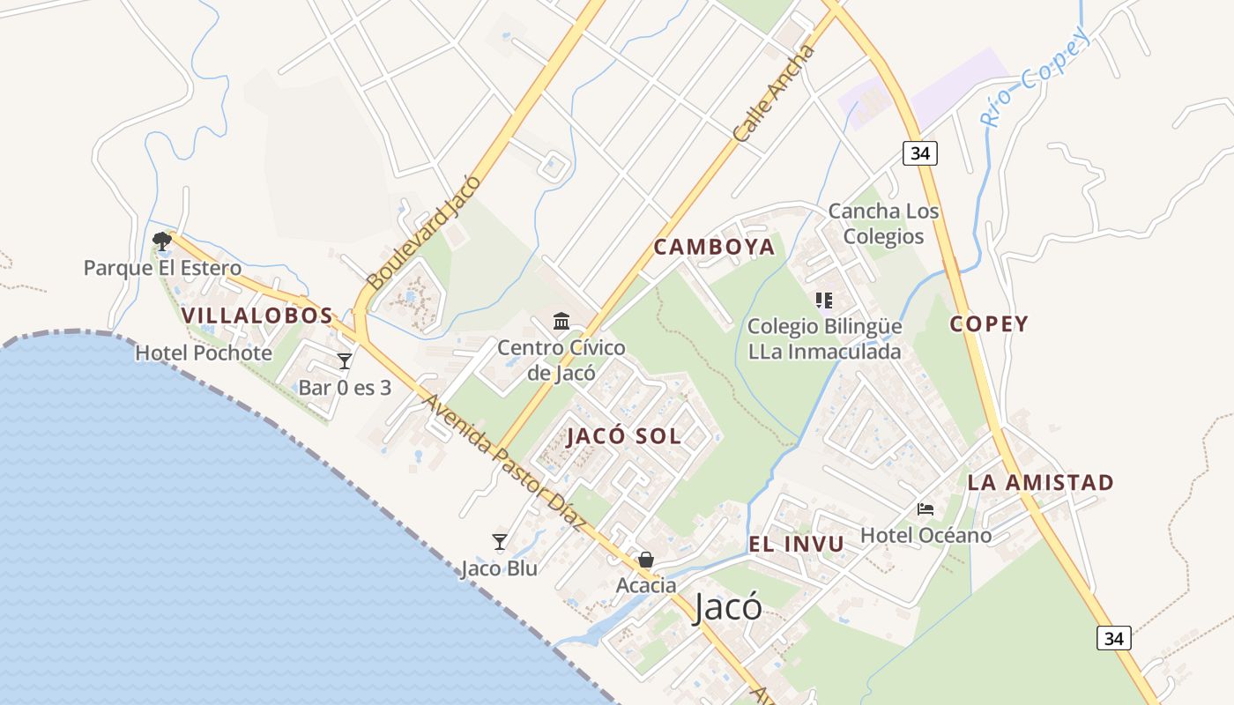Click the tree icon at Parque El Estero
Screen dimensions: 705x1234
click(161, 240)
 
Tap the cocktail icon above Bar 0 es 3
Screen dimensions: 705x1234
click(345, 360)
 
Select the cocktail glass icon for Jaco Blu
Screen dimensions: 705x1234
click(500, 541)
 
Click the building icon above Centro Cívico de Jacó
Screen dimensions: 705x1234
click(561, 320)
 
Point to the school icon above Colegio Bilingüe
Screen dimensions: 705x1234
click(824, 301)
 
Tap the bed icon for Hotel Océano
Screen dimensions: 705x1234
click(925, 509)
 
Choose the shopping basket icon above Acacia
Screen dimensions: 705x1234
click(646, 560)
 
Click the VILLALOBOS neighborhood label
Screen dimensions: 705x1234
click(257, 315)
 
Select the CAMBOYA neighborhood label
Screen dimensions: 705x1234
click(715, 248)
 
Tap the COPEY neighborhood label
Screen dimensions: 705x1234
click(989, 324)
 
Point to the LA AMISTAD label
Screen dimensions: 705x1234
click(1041, 483)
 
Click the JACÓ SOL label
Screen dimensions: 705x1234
click(624, 436)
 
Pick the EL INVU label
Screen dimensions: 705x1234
click(796, 545)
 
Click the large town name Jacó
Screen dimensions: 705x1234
click(728, 607)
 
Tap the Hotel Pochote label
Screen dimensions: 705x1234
click(204, 353)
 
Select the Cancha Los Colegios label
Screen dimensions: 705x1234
click(883, 224)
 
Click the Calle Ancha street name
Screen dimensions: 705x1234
click(775, 94)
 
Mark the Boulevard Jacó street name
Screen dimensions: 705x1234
click(425, 233)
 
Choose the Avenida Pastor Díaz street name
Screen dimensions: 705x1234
click(505, 462)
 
